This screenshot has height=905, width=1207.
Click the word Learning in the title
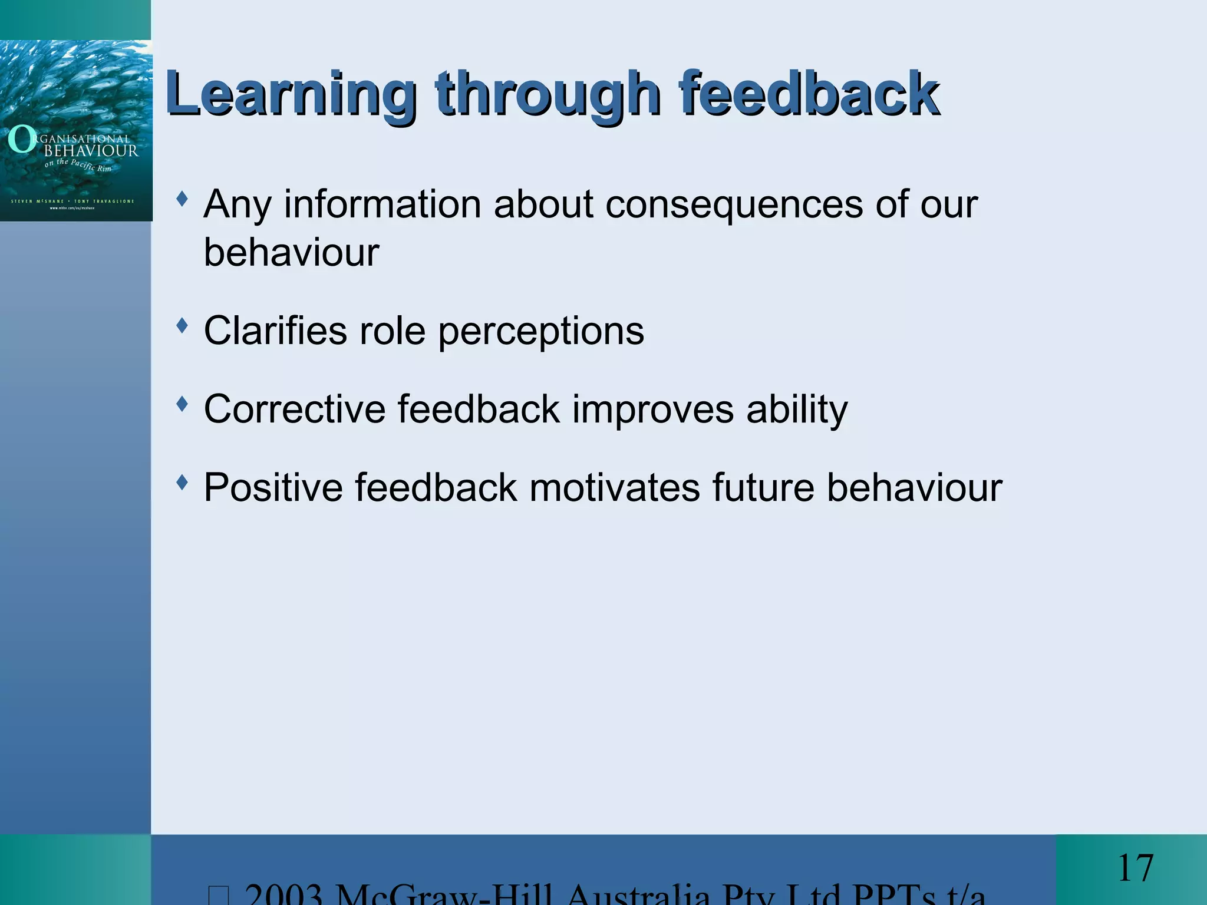tap(291, 94)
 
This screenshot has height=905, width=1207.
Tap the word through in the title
tap(548, 94)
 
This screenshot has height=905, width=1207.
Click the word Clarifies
tap(275, 331)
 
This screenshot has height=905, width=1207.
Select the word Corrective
tap(294, 409)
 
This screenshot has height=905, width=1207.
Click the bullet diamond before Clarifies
tap(182, 325)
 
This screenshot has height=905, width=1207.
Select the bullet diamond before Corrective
tap(182, 404)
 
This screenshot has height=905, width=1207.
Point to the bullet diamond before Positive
tap(182, 483)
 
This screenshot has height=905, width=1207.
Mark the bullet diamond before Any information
tap(182, 199)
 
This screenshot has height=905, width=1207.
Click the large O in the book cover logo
tap(22, 140)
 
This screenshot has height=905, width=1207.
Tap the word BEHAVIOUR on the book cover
tap(91, 151)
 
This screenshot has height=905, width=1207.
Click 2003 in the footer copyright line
tap(283, 896)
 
